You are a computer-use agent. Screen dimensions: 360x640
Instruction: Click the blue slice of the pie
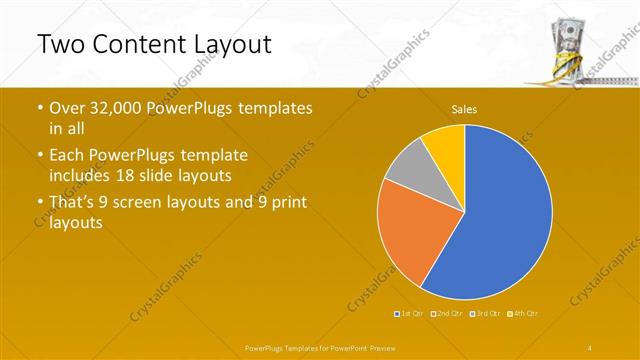click(500, 220)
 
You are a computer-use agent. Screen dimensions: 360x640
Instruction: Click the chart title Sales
click(464, 108)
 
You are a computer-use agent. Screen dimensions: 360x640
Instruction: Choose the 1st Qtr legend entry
click(411, 314)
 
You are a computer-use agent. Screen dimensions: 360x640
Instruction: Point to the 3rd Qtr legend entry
click(488, 314)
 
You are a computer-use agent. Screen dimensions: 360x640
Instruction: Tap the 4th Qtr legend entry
click(526, 314)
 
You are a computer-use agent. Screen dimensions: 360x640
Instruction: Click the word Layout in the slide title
click(222, 44)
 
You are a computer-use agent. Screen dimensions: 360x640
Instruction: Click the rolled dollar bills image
click(567, 45)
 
